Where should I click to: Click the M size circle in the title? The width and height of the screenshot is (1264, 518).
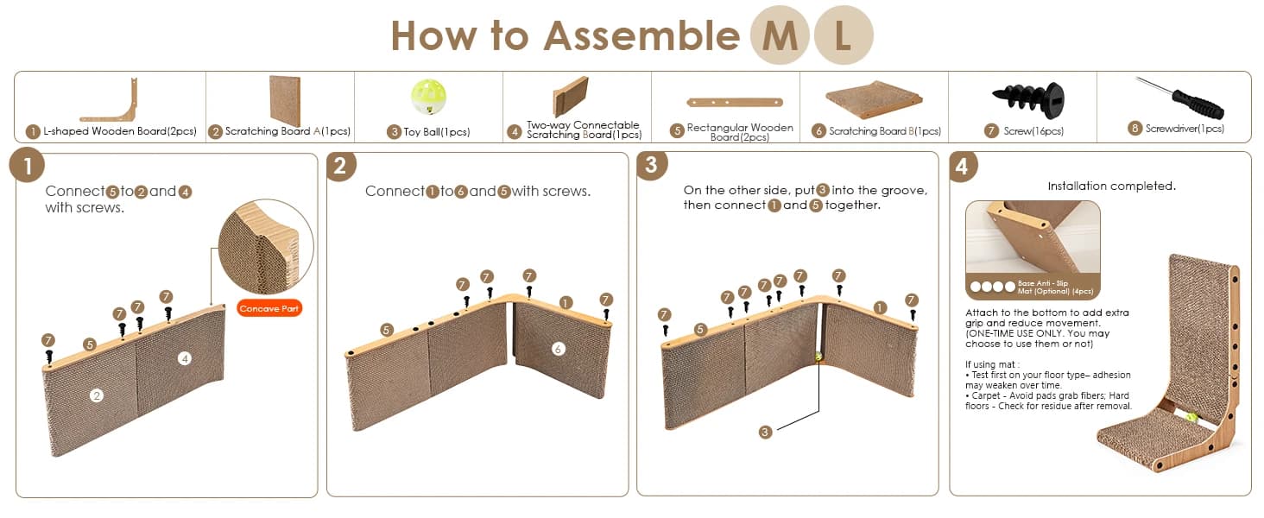tap(780, 35)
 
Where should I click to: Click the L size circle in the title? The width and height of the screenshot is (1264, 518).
tap(844, 35)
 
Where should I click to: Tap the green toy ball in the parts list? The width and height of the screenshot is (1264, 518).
tap(428, 97)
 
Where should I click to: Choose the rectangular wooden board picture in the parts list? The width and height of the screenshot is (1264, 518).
tap(734, 102)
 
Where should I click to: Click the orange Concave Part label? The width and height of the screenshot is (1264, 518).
tap(269, 308)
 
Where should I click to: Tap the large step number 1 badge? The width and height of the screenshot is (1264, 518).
tap(27, 166)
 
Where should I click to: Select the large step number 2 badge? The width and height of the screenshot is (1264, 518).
tap(340, 166)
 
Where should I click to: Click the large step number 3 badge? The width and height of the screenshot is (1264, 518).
tap(651, 165)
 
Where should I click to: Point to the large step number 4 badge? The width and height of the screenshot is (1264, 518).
tap(963, 166)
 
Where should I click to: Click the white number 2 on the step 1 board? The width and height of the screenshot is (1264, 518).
tap(97, 395)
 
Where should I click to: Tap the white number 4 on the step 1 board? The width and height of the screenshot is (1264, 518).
tap(185, 358)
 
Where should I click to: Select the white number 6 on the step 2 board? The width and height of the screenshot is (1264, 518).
tap(558, 349)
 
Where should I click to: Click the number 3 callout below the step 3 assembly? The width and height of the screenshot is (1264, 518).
tap(765, 433)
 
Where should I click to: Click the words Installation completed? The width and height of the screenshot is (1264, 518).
tap(1112, 186)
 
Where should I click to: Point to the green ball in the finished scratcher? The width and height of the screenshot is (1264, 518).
tap(1191, 418)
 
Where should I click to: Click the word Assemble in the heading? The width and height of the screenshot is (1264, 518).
tap(641, 35)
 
